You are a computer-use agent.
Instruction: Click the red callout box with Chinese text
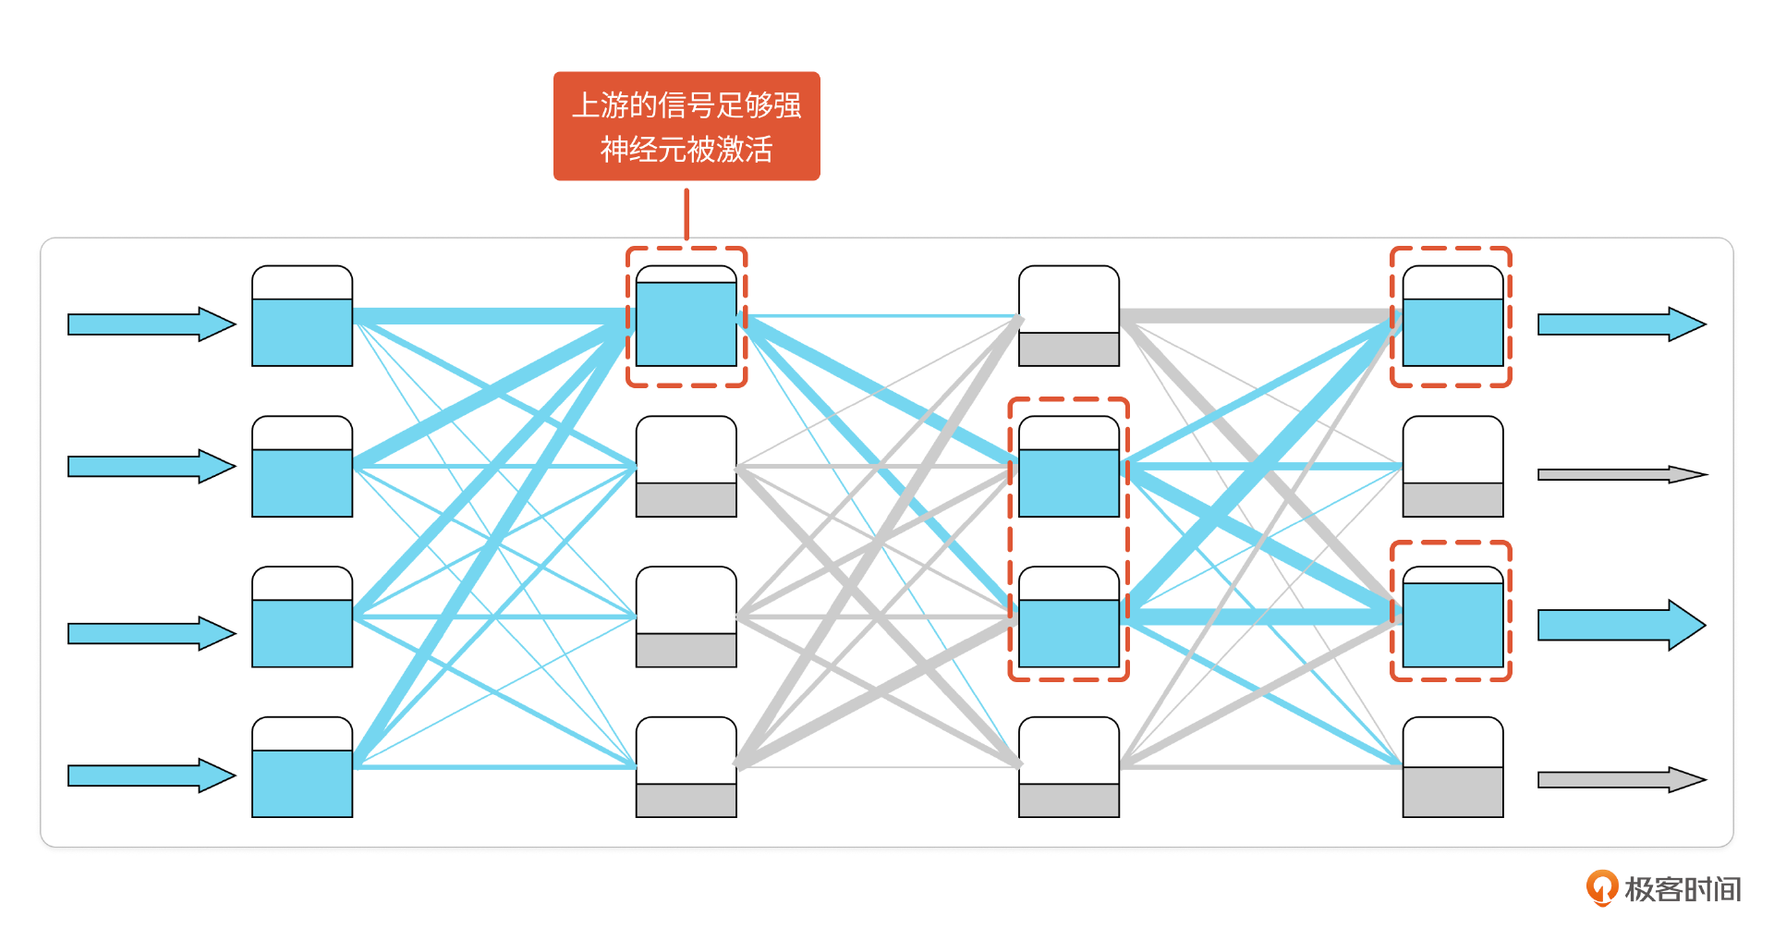click(687, 126)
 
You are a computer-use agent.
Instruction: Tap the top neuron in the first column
click(302, 316)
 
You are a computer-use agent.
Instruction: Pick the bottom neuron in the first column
click(302, 767)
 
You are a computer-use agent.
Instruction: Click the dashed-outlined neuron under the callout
click(687, 316)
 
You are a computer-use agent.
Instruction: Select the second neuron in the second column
click(687, 467)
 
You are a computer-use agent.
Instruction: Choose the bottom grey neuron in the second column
click(687, 767)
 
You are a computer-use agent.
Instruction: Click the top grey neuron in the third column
click(1069, 316)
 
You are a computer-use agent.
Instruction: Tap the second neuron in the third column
click(1069, 467)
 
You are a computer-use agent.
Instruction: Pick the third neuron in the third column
click(1069, 617)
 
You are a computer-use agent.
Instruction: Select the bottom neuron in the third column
click(1069, 767)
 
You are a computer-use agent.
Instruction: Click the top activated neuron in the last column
click(1452, 316)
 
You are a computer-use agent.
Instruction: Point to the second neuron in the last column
click(1452, 467)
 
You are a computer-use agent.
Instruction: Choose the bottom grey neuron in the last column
click(1452, 767)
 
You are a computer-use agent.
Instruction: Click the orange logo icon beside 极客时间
click(1601, 887)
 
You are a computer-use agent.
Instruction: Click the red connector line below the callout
click(687, 214)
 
